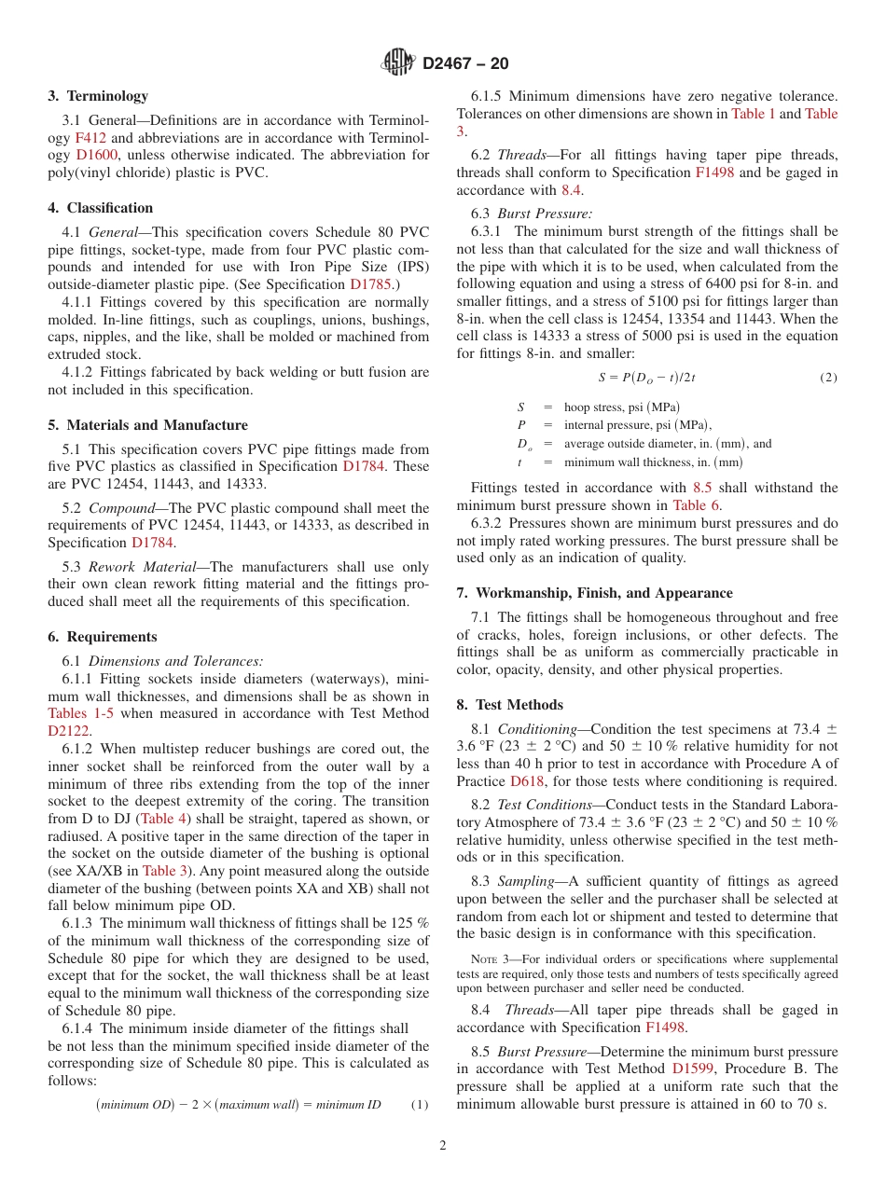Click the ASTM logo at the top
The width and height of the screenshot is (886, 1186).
tap(398, 62)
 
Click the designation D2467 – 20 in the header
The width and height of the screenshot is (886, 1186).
tap(465, 63)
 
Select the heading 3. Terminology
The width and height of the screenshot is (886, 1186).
tap(98, 96)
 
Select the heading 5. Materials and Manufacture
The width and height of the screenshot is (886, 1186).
tap(147, 425)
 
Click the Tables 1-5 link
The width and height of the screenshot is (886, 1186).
tap(81, 713)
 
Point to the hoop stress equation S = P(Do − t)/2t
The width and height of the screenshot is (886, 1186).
tap(646, 378)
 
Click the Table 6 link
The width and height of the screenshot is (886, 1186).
tap(696, 505)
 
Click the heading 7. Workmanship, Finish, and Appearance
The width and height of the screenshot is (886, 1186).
tap(594, 593)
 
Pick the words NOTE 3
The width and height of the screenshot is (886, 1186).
tap(486, 959)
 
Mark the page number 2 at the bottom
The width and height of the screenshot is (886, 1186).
tap(443, 1146)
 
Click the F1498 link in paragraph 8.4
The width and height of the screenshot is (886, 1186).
tap(666, 1027)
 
